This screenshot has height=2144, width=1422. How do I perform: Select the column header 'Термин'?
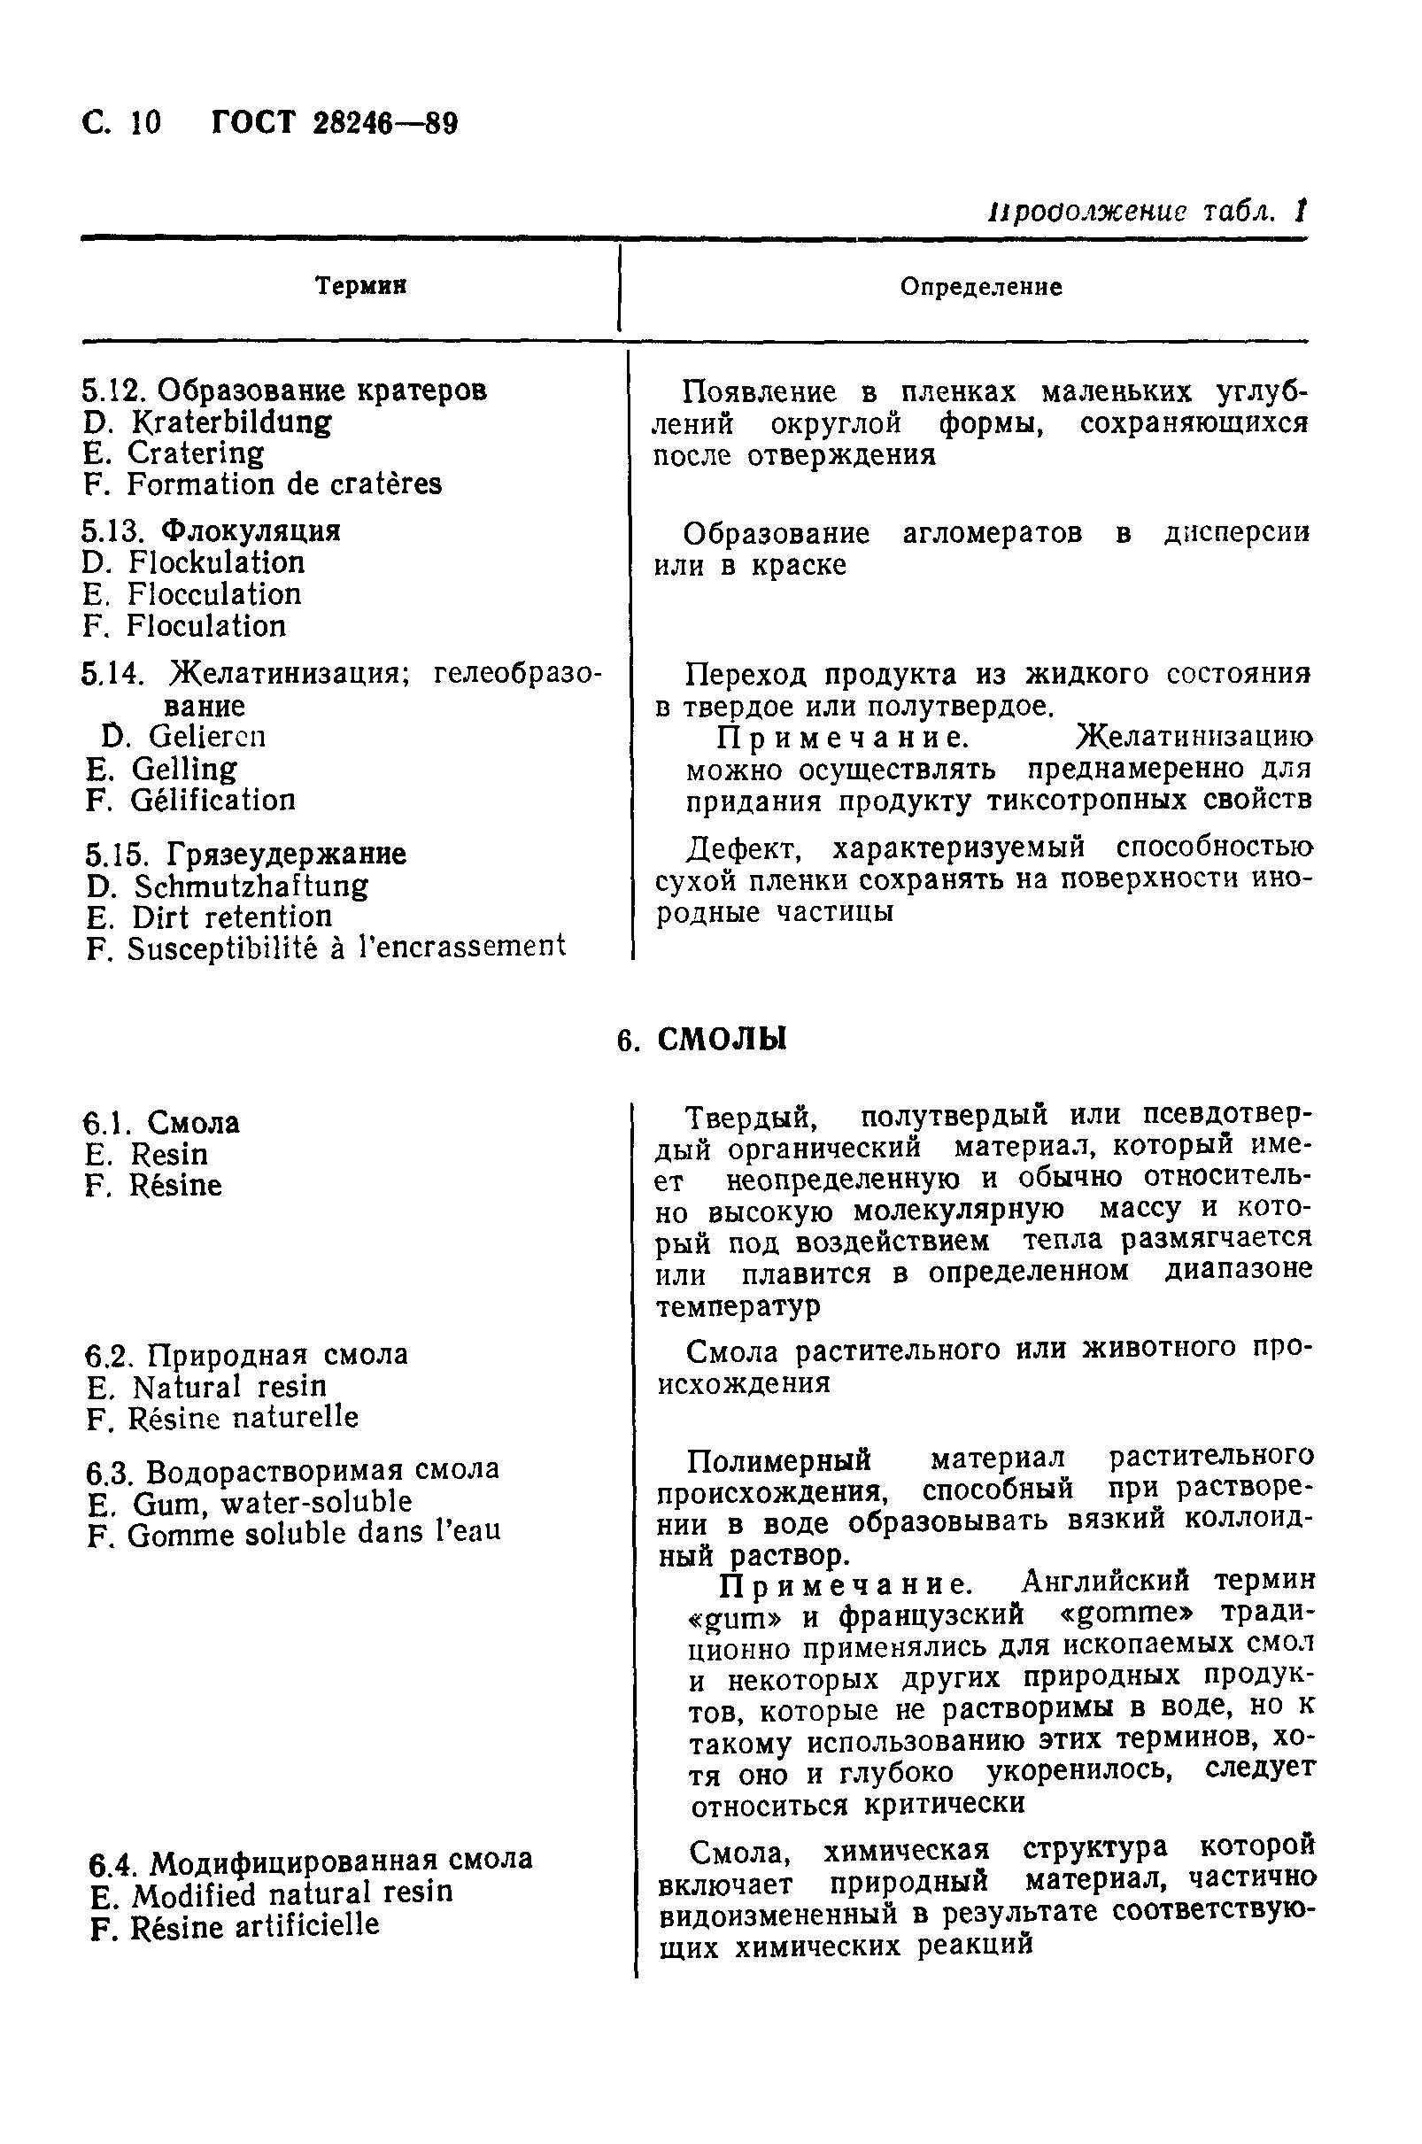(x=360, y=286)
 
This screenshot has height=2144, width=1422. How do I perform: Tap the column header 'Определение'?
(x=980, y=287)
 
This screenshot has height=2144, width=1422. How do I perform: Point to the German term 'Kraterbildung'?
(x=230, y=422)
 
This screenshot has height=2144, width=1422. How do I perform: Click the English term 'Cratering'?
(x=195, y=453)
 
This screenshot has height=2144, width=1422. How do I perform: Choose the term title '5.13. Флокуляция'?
(x=211, y=530)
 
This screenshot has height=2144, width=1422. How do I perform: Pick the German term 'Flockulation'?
(x=216, y=562)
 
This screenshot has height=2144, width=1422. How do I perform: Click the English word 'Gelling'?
(x=183, y=769)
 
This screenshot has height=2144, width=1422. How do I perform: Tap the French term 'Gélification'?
(x=213, y=800)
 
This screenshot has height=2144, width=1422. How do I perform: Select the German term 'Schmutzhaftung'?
(x=251, y=886)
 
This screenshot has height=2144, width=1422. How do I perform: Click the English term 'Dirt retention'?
(x=231, y=917)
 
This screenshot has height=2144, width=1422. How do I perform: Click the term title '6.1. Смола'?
(x=161, y=1123)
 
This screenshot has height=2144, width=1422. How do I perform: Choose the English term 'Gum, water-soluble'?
(x=271, y=1503)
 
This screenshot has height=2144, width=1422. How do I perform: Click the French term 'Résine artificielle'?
(x=254, y=1926)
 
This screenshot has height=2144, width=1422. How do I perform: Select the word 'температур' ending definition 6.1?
(x=738, y=1306)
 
